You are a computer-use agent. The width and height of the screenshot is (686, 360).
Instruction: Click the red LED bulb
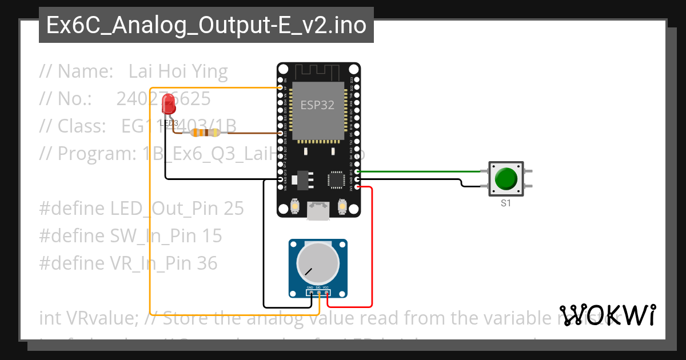tap(169, 103)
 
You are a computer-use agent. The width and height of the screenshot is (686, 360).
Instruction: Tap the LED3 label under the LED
tap(169, 123)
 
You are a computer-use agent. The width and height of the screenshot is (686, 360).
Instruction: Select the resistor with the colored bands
tap(205, 133)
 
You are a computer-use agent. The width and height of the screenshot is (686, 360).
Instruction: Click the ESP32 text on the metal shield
tap(318, 106)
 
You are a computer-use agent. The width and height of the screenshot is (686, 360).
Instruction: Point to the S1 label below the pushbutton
tap(506, 203)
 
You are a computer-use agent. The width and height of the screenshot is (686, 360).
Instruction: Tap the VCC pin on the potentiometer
tap(327, 293)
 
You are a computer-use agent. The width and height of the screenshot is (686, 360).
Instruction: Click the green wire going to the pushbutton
tap(423, 171)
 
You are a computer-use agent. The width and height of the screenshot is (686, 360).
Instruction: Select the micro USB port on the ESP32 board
tap(318, 211)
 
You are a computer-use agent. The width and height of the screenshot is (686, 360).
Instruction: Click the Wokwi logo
tap(607, 315)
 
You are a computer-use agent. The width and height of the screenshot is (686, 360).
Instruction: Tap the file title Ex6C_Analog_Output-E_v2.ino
tap(206, 26)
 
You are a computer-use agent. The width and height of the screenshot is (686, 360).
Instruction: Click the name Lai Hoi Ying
tap(178, 71)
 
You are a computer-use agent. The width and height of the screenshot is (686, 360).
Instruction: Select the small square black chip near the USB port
tap(336, 179)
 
